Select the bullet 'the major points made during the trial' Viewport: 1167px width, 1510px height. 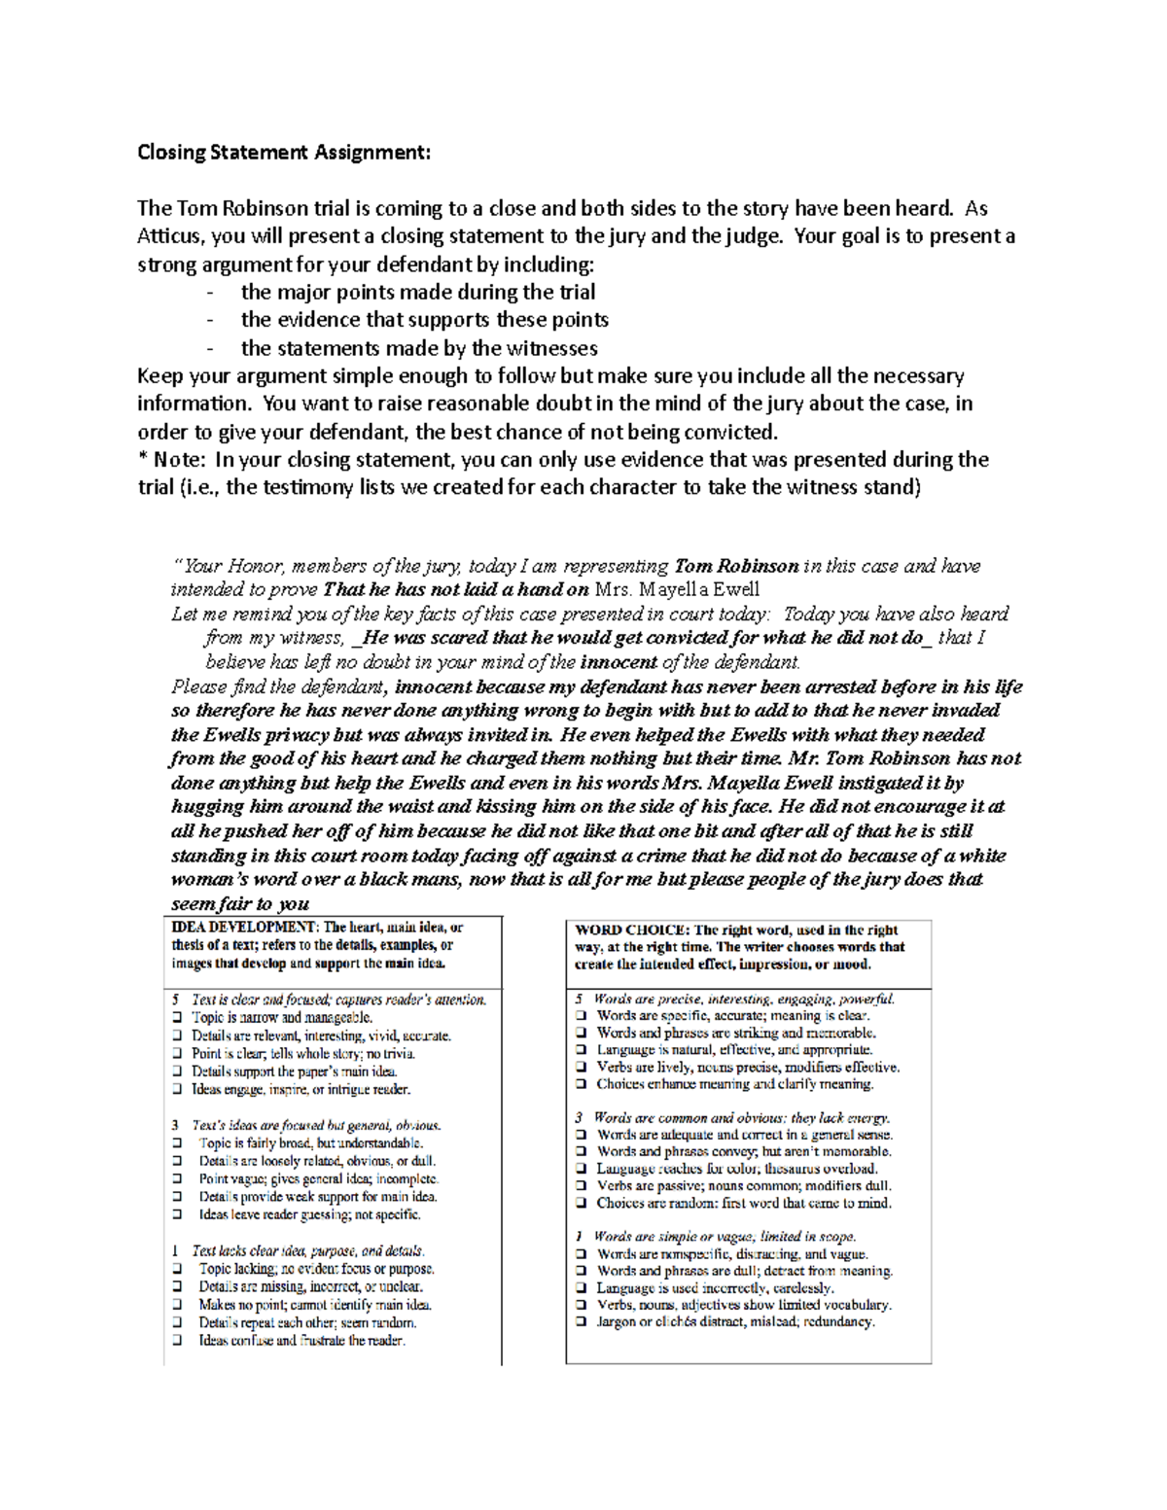[x=418, y=292]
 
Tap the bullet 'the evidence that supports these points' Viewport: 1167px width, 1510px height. [x=424, y=320]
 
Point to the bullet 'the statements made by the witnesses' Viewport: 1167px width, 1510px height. [x=419, y=348]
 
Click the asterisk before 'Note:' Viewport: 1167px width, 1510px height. [x=142, y=459]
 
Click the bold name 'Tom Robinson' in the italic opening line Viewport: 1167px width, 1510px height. [x=736, y=566]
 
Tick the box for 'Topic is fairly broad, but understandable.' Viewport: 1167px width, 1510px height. [x=177, y=1143]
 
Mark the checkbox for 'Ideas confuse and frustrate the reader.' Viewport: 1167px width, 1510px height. [x=177, y=1341]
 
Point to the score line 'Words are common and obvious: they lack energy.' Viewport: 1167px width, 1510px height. [x=741, y=1118]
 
